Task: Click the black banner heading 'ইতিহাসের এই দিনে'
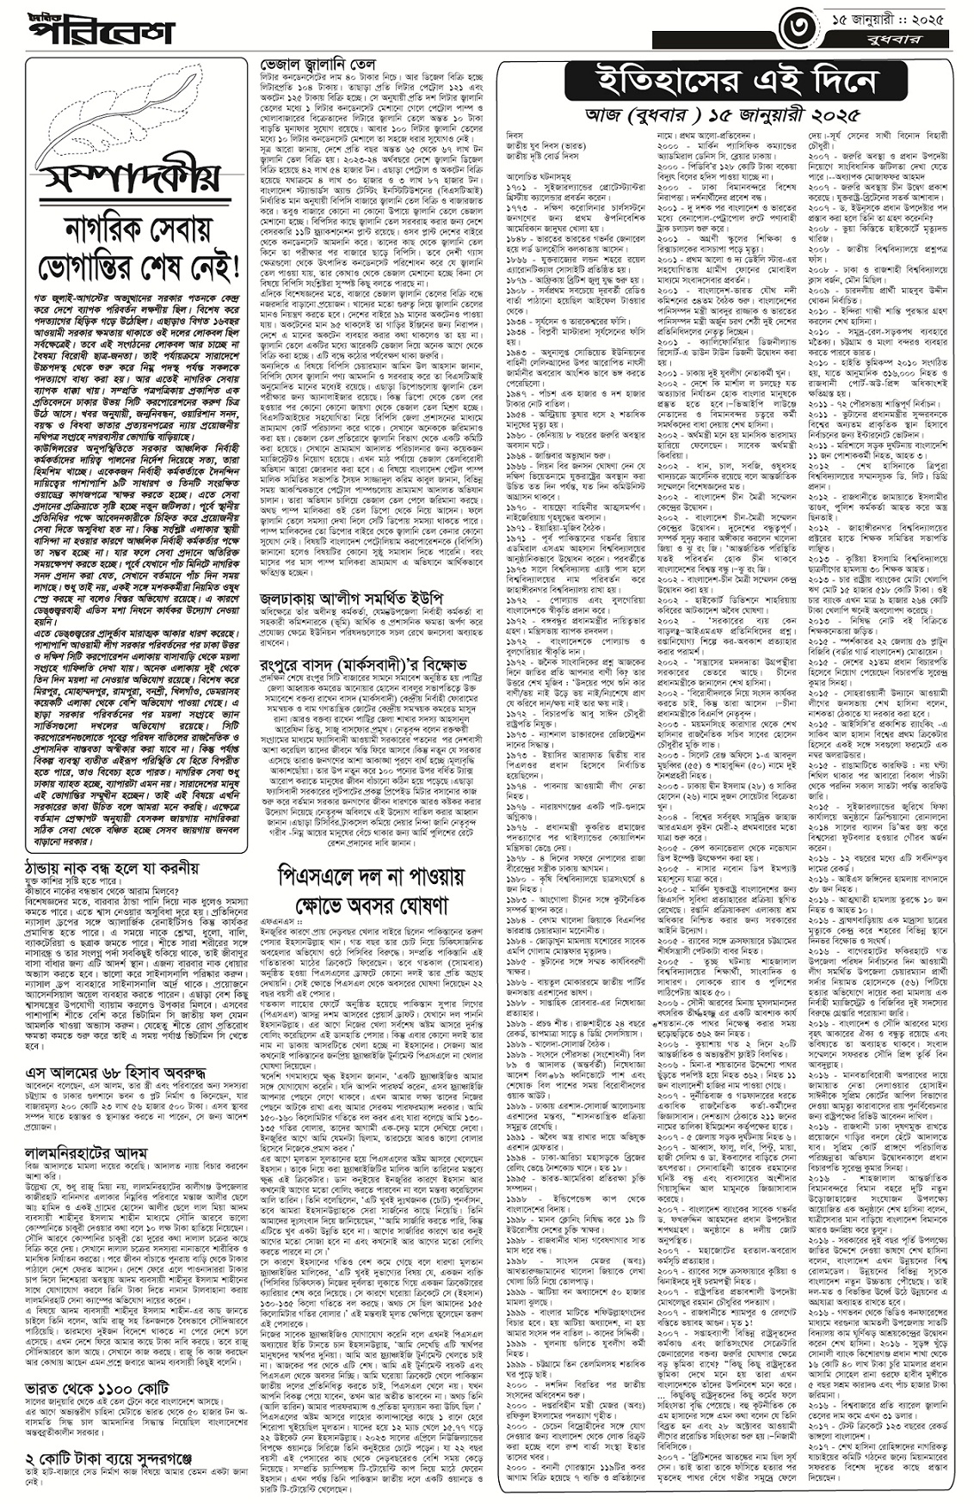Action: [x=722, y=83]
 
